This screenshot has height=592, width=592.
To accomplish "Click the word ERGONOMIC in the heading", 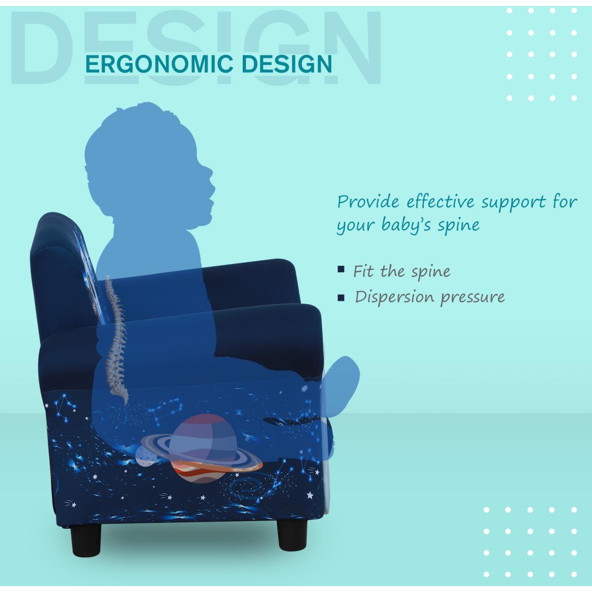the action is point(159,64).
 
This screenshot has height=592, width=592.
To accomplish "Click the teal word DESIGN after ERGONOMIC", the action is point(287,64).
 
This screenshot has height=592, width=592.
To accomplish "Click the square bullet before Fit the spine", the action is point(341,269).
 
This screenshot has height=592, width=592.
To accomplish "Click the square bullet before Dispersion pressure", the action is point(341,297).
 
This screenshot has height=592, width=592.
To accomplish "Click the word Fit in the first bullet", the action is point(365,271).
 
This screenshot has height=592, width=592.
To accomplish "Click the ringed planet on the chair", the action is point(202,449).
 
